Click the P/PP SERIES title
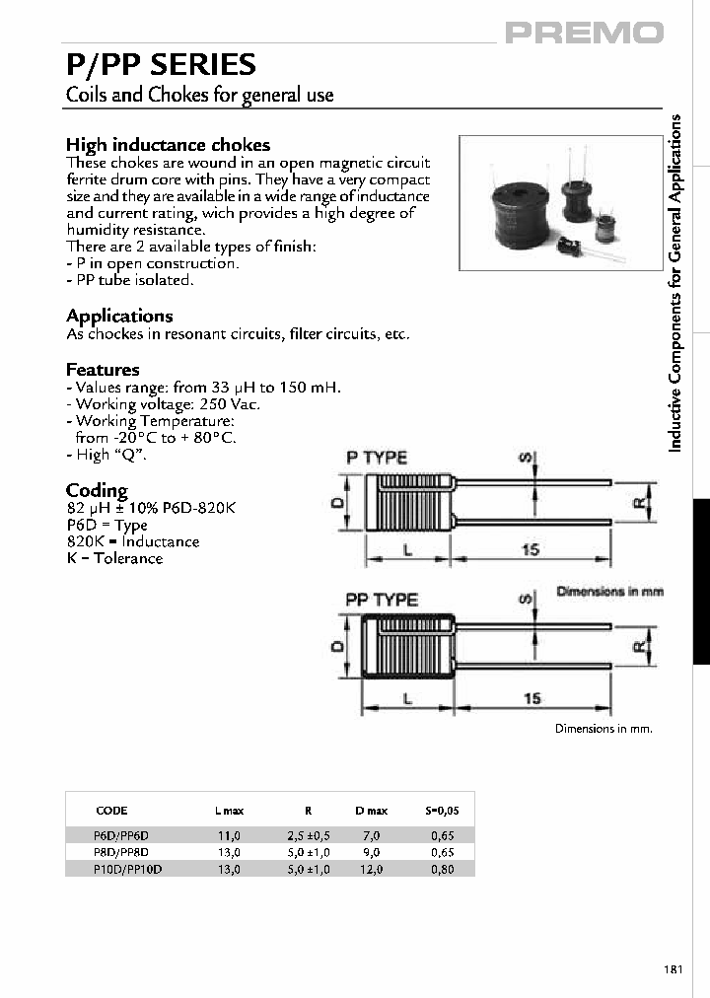tap(161, 65)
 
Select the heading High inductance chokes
tap(168, 145)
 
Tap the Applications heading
tap(119, 316)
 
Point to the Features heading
tap(103, 369)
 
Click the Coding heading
tap(97, 490)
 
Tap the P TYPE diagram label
tap(376, 458)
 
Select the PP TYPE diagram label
tap(382, 599)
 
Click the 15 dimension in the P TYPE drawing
tap(531, 549)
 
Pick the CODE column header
tap(111, 811)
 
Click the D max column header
tap(371, 811)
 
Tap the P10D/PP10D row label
tap(128, 869)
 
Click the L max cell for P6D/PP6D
tap(229, 834)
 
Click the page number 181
tap(674, 969)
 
